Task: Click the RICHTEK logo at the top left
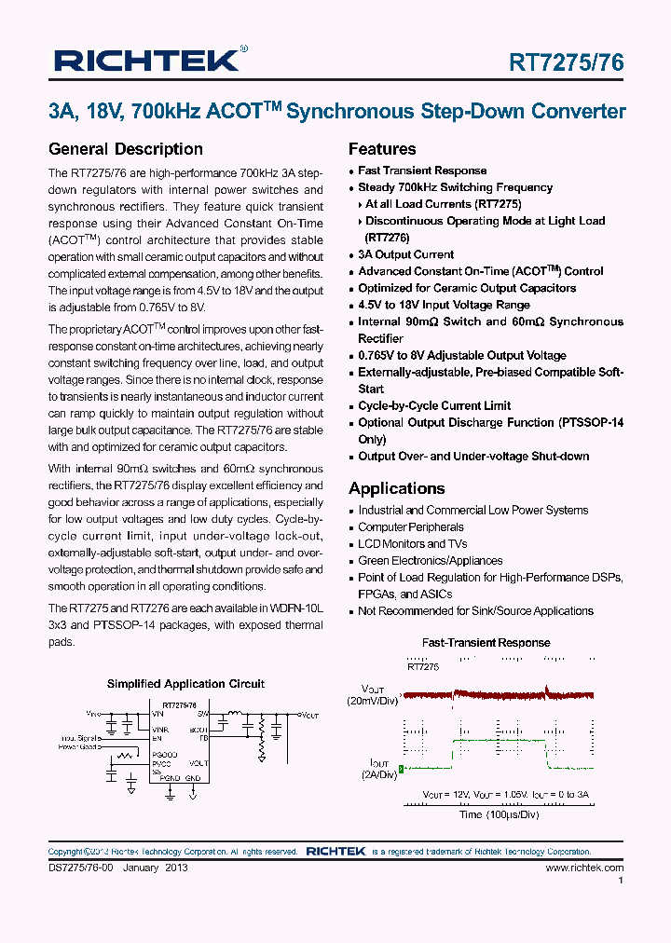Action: pyautogui.click(x=147, y=61)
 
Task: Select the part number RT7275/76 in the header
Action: pyautogui.click(x=566, y=62)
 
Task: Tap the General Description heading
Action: pyautogui.click(x=125, y=149)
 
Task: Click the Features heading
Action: pyautogui.click(x=382, y=149)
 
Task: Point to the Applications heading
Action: pyautogui.click(x=396, y=488)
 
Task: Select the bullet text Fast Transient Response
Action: pyautogui.click(x=422, y=171)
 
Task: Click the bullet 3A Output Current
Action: pyautogui.click(x=405, y=254)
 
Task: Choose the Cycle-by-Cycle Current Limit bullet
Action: pyautogui.click(x=434, y=405)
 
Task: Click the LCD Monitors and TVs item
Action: pyautogui.click(x=413, y=544)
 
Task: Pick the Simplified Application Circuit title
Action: pyautogui.click(x=185, y=684)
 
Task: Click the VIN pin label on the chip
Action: pyautogui.click(x=157, y=715)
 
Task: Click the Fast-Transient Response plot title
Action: pyautogui.click(x=486, y=643)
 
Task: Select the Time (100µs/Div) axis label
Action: pyautogui.click(x=498, y=814)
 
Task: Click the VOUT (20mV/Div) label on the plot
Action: pyautogui.click(x=373, y=694)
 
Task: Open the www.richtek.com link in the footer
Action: pyautogui.click(x=584, y=868)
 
